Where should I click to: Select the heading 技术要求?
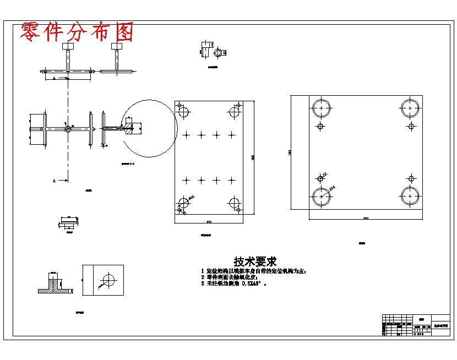pyautogui.click(x=255, y=261)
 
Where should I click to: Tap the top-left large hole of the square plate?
pyautogui.click(x=320, y=108)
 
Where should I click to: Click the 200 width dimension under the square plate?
pyautogui.click(x=366, y=219)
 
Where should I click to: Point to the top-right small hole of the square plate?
pyautogui.click(x=411, y=126)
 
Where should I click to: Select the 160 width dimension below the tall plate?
pyautogui.click(x=209, y=222)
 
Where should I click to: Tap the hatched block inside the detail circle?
pyautogui.click(x=129, y=130)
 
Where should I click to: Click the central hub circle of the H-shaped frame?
pyautogui.click(x=67, y=129)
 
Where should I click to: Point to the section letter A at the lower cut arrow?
pyautogui.click(x=54, y=180)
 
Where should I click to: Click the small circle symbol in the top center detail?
pyautogui.click(x=219, y=53)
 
